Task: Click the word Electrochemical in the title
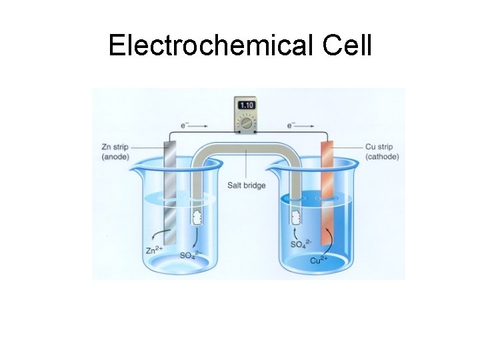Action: point(201,45)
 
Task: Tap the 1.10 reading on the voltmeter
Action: point(247,105)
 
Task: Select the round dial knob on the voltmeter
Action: point(246,123)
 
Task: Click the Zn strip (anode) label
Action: point(115,152)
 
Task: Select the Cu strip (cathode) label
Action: point(382,152)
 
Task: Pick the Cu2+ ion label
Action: point(320,259)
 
